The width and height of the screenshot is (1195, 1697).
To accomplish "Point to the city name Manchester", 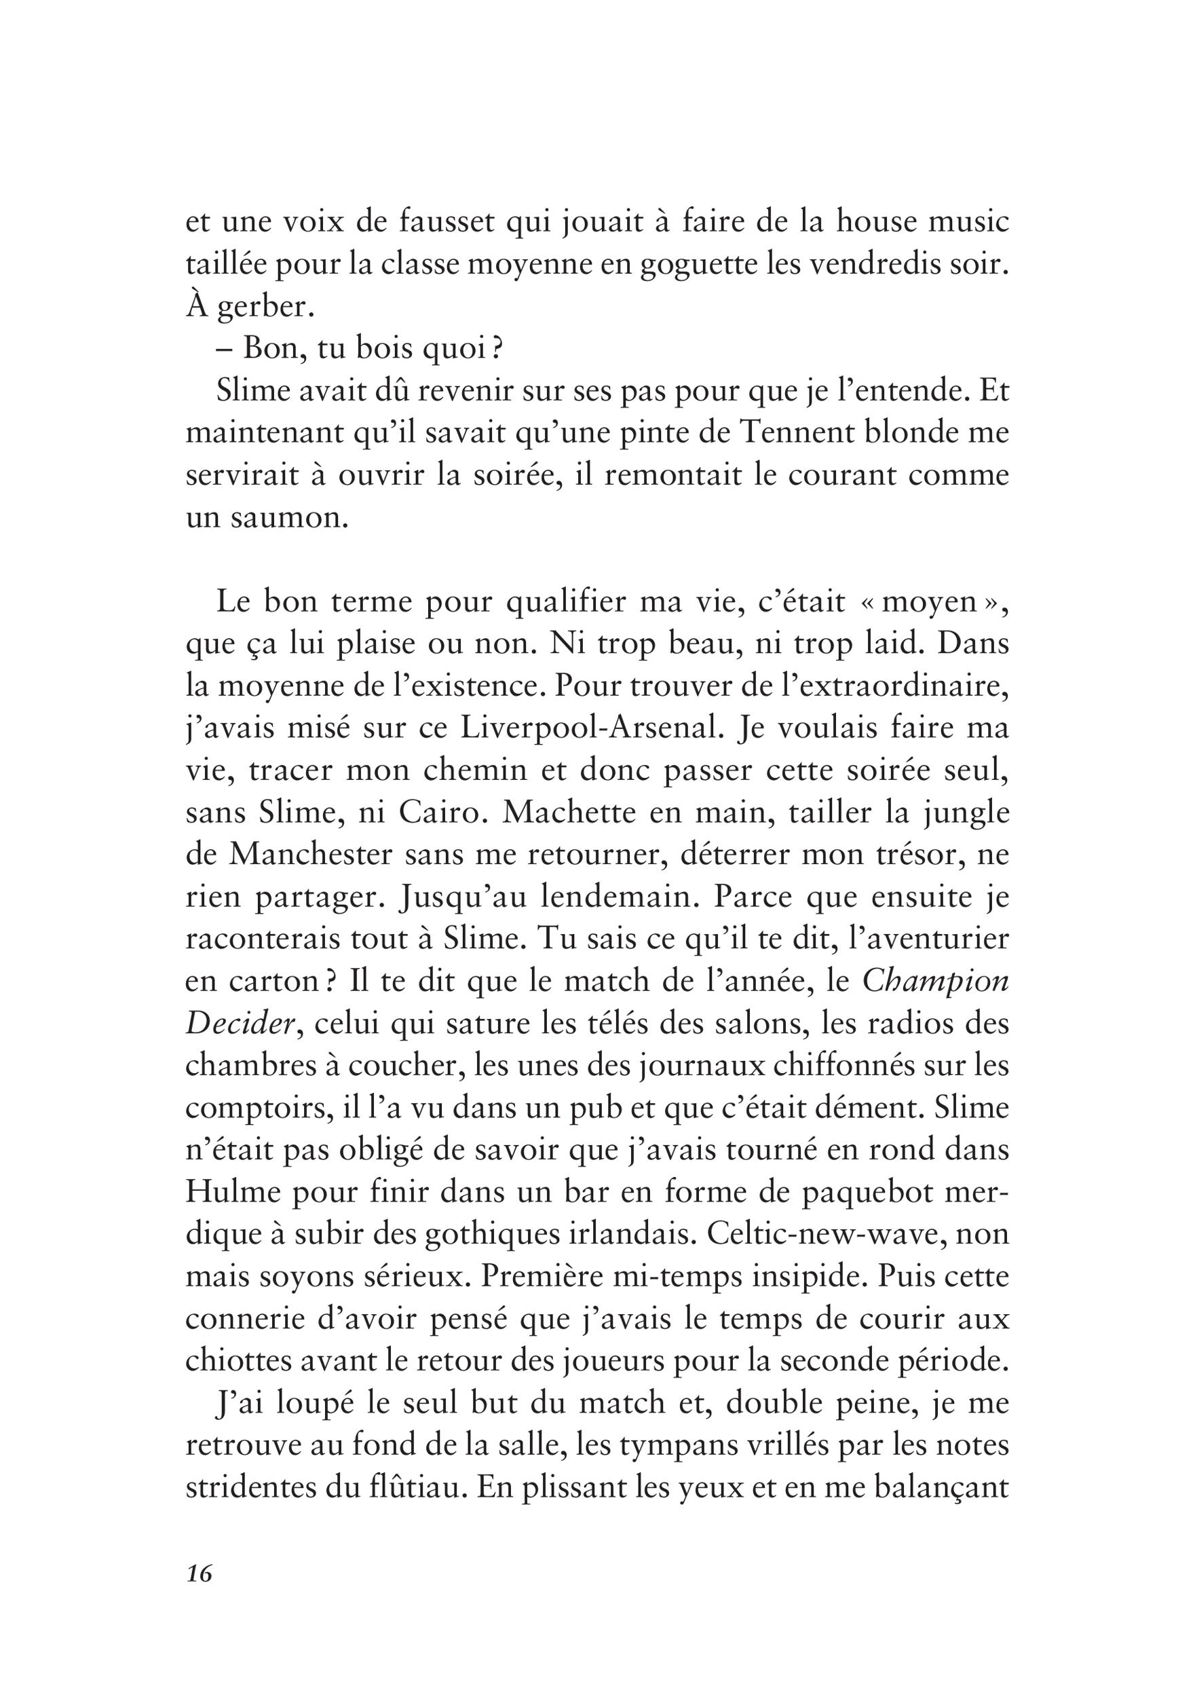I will pos(311,855).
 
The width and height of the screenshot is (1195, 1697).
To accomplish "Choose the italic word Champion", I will pos(936,982).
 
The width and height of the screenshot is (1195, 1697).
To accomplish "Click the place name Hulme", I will pos(235,1192).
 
